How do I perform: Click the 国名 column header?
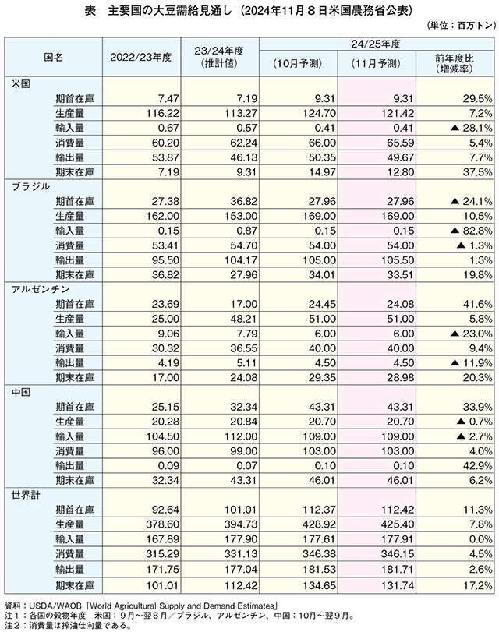[54, 57]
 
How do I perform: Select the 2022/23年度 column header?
[141, 57]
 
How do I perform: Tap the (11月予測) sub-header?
[377, 64]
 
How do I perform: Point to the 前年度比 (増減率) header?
[455, 64]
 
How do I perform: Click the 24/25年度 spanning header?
[376, 44]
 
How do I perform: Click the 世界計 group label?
[27, 495]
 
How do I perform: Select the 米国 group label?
[21, 84]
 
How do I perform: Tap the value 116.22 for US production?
[163, 113]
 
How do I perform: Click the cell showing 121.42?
[398, 113]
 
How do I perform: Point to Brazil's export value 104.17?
[241, 260]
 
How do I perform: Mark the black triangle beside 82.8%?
[455, 231]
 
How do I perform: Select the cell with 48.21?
[243, 319]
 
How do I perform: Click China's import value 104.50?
[163, 436]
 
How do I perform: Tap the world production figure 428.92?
[319, 524]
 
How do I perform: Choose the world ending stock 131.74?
[398, 586]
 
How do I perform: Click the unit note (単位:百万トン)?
[461, 26]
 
